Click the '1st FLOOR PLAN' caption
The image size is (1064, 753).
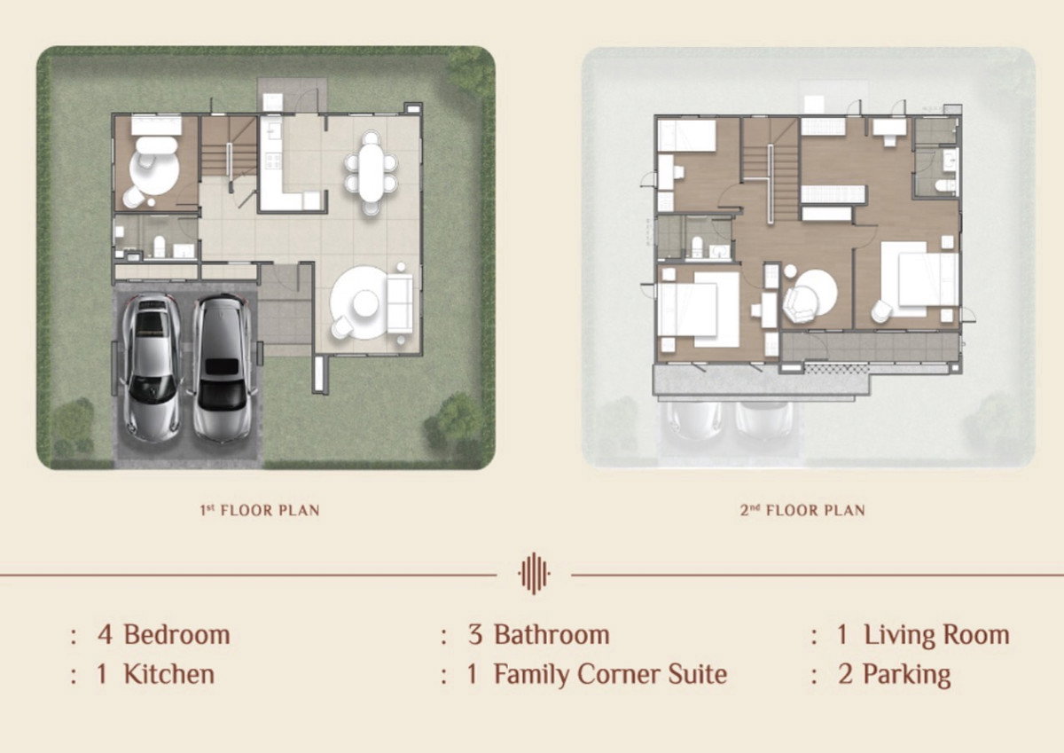click(x=259, y=510)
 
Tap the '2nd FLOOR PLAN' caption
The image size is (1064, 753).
click(x=802, y=510)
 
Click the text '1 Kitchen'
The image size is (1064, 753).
click(x=155, y=674)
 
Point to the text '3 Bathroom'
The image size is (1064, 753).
click(x=538, y=635)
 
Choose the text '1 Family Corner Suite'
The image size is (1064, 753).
click(x=597, y=674)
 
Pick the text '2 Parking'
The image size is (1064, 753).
click(x=894, y=674)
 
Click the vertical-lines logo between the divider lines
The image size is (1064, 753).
click(x=534, y=574)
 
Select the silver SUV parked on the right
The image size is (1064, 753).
click(x=221, y=366)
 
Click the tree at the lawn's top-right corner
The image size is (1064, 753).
click(x=469, y=71)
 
